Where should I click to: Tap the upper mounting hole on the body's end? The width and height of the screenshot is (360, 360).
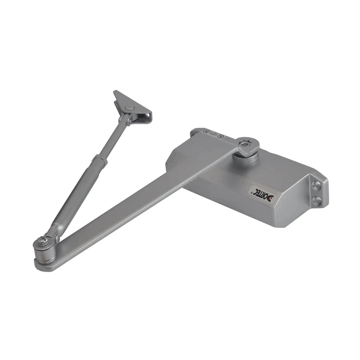point(316,185)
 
